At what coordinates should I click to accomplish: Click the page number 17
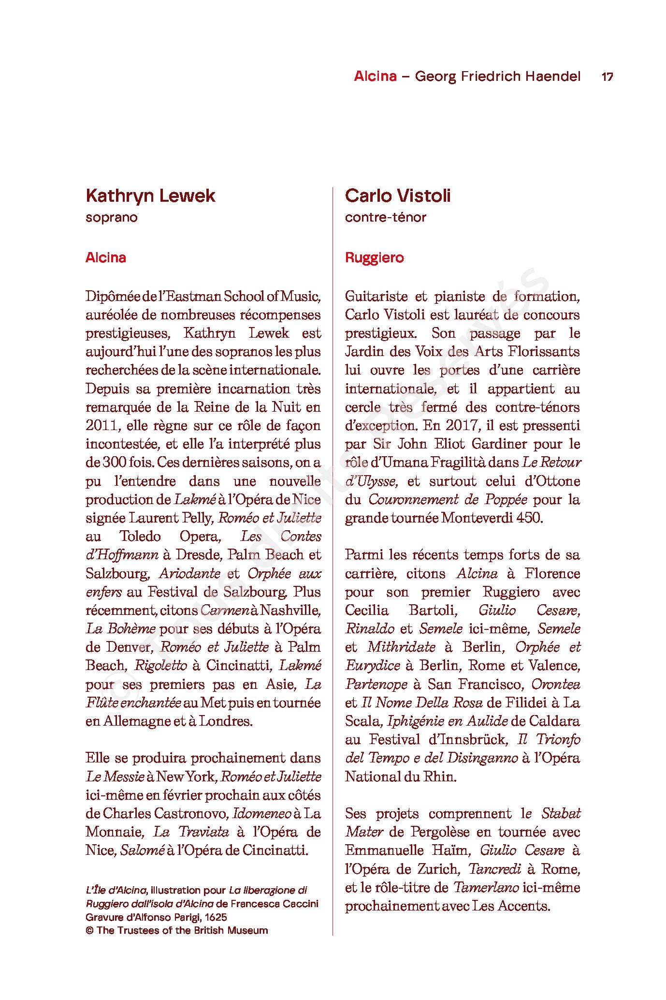click(x=607, y=76)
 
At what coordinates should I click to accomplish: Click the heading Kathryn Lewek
click(x=150, y=196)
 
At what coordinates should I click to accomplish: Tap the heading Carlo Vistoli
click(x=398, y=196)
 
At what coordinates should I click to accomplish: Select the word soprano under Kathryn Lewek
click(x=112, y=217)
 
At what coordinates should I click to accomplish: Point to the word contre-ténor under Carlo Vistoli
click(x=385, y=217)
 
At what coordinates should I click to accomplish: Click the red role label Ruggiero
click(x=374, y=257)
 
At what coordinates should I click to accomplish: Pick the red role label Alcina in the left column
click(x=106, y=257)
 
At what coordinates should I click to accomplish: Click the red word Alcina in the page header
click(x=375, y=76)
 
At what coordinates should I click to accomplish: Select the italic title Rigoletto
click(x=160, y=666)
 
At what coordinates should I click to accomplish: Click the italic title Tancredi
click(x=494, y=869)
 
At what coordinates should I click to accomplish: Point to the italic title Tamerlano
click(x=486, y=887)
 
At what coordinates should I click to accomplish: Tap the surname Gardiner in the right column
click(x=500, y=444)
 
